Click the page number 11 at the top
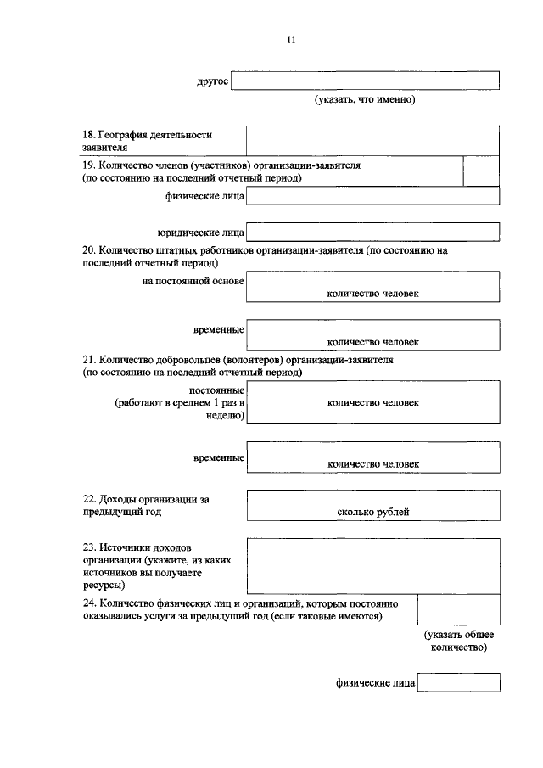(291, 40)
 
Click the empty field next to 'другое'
(365, 81)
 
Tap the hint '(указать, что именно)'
(365, 100)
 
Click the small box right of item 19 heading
(481, 171)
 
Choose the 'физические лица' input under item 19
(372, 197)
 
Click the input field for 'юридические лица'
(372, 232)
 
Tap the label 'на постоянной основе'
(193, 281)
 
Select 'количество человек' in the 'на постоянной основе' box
(372, 294)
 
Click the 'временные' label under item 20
(219, 329)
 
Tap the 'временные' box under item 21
(372, 457)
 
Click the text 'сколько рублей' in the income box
(372, 513)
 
